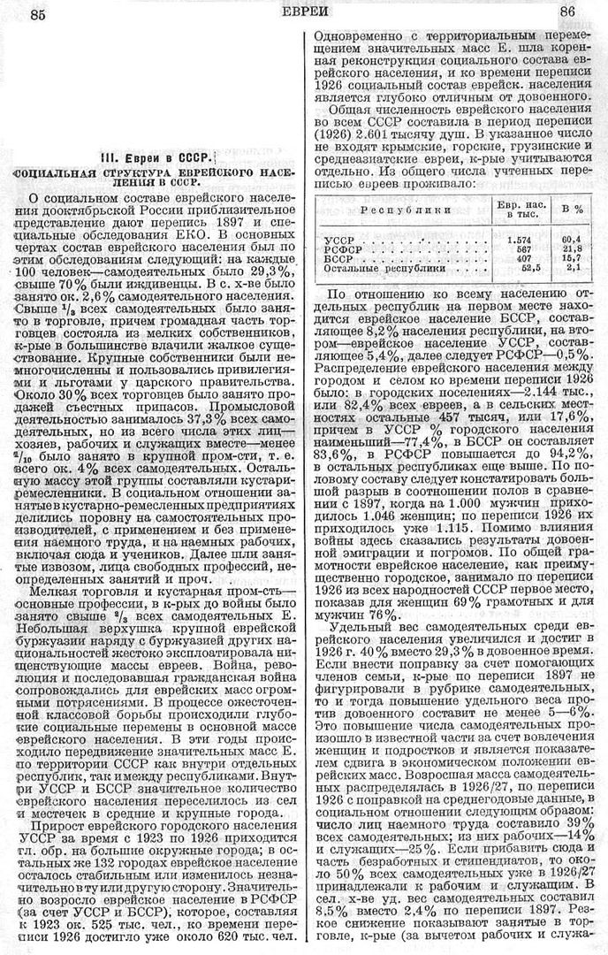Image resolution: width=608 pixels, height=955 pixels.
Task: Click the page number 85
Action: pos(38,13)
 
